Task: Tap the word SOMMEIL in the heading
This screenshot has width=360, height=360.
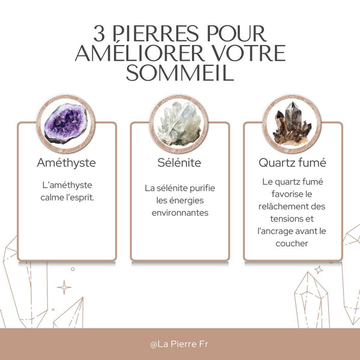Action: (x=180, y=73)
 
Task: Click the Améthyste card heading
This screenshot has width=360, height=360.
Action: (x=67, y=163)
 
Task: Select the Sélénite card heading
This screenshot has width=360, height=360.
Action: (x=179, y=163)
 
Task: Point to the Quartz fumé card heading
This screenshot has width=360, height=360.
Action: (x=292, y=163)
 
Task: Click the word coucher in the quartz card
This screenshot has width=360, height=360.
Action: (x=293, y=244)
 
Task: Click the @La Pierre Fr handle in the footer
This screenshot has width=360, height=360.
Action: (x=179, y=344)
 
